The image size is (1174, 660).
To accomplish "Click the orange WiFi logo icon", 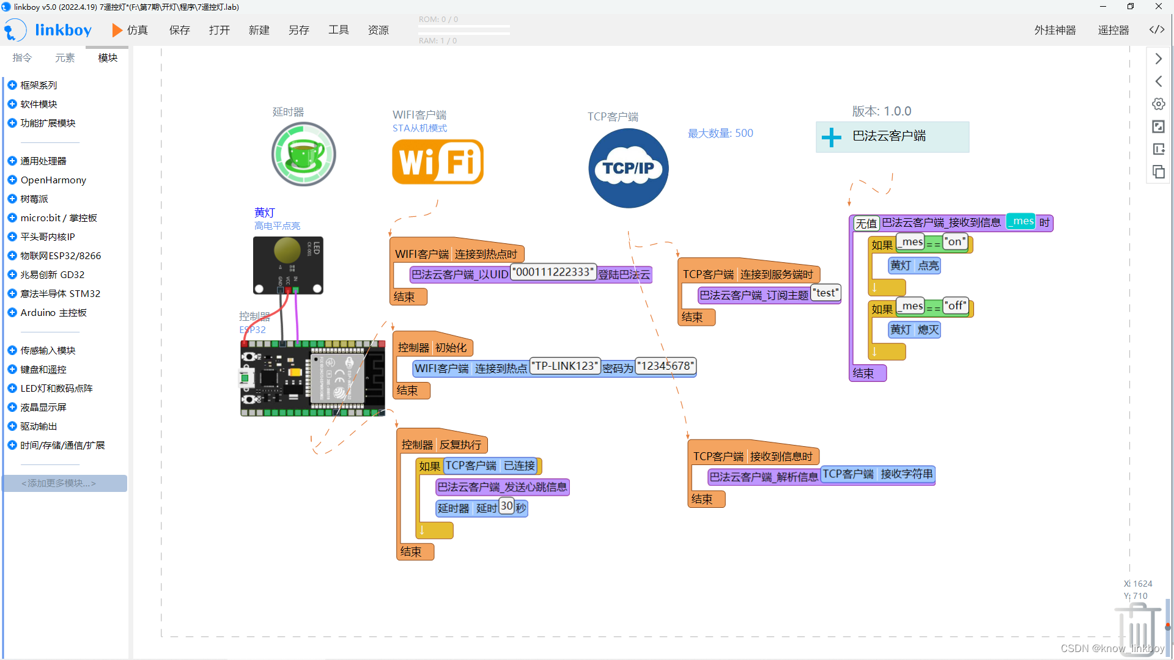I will point(438,161).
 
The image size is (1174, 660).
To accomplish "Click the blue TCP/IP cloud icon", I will point(628,168).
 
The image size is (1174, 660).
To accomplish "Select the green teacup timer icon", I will point(303,154).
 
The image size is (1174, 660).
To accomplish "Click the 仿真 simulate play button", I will point(130,30).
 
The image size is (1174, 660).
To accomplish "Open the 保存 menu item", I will point(179,30).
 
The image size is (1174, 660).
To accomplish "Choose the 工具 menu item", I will point(338,30).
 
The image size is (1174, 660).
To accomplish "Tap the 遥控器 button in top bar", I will point(1113,30).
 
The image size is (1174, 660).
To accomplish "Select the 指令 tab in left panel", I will point(22,57).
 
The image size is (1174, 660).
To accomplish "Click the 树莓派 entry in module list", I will point(34,199).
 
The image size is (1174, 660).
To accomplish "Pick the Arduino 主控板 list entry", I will point(53,312).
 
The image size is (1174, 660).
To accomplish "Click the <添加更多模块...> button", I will point(64,483).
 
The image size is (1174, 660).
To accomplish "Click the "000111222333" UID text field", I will point(553,272).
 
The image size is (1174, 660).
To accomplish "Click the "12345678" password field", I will point(665,366).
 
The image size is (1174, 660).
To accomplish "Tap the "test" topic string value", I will point(825,293).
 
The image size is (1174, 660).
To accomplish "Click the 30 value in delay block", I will point(506,505).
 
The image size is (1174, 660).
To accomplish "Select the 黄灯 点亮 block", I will point(914,265).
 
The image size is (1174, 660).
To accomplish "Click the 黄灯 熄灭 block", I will point(914,329).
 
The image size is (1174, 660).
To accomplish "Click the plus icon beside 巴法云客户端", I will point(831,137).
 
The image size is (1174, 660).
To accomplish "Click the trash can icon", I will point(1137,629).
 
